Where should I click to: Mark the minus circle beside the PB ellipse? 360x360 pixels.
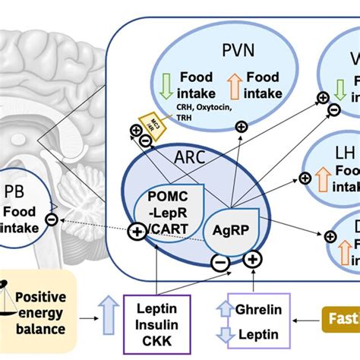coord(50,219)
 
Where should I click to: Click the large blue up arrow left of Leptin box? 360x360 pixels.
coord(108,320)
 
